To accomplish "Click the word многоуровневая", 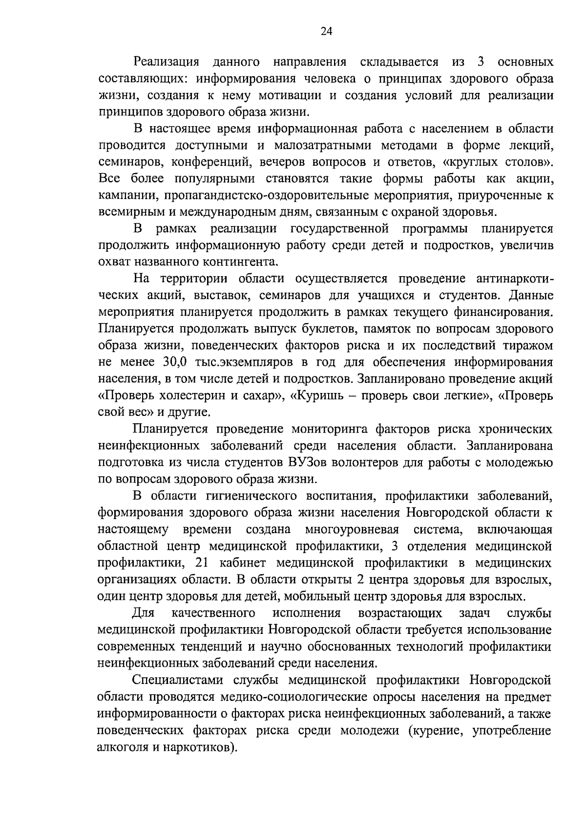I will point(352,529).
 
